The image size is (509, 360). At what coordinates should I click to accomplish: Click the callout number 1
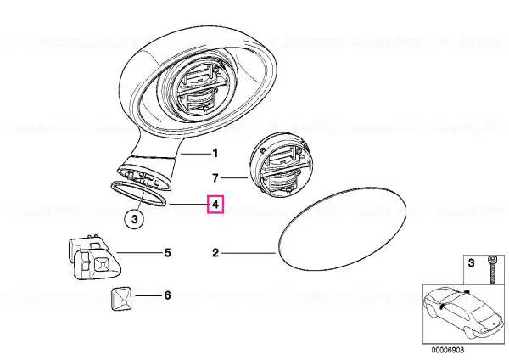(215, 153)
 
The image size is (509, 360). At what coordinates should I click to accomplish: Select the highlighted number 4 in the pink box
(215, 205)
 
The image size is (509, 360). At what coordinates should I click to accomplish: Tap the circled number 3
(135, 219)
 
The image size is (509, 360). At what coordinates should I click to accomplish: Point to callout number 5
(167, 252)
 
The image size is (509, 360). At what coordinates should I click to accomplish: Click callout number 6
(167, 295)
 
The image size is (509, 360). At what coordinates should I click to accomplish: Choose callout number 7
(215, 178)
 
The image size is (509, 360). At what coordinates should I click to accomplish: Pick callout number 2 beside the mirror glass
(215, 252)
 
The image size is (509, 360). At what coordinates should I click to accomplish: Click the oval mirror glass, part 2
(343, 228)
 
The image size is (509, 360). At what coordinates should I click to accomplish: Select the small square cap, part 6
(122, 299)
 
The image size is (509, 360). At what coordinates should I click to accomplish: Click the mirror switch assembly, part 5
(94, 256)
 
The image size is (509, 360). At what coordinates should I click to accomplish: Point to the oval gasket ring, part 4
(139, 194)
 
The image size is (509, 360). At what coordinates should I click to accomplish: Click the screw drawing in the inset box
(491, 270)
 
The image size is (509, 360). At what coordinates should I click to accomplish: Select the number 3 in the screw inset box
(471, 262)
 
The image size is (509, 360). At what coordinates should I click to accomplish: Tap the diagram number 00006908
(448, 350)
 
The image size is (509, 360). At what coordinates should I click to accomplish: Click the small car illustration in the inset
(462, 313)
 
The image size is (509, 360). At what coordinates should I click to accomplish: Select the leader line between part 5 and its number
(139, 252)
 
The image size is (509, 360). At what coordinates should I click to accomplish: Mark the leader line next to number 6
(148, 295)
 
